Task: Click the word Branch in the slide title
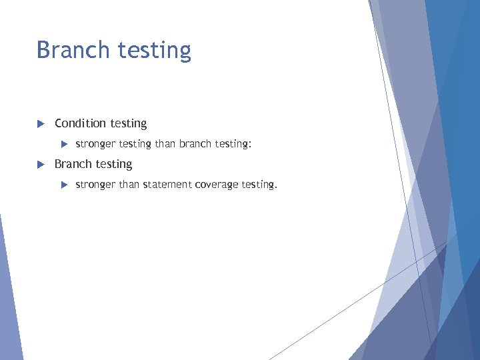pos(73,50)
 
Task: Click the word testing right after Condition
pos(129,124)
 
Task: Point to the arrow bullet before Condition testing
pos(40,123)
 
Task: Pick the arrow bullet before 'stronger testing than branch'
pos(65,143)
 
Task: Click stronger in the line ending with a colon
pos(95,144)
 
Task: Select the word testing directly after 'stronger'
pos(135,144)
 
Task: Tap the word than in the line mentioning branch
pos(165,143)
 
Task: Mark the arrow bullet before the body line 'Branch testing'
pos(40,164)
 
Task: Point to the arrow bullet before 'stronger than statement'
pos(65,185)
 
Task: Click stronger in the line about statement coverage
pos(95,185)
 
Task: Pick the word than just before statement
pos(129,185)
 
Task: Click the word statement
pos(167,185)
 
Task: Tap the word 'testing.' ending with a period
pos(259,185)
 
